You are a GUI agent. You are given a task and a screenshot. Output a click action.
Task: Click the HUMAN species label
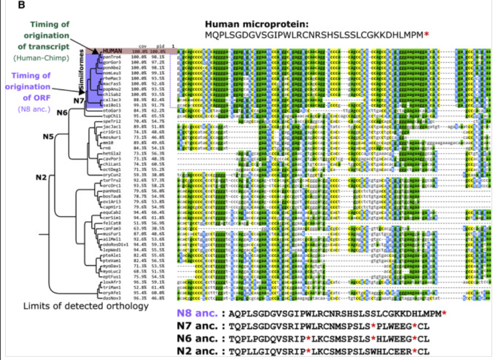[x=113, y=51]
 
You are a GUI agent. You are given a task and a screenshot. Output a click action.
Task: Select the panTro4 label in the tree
[x=110, y=57]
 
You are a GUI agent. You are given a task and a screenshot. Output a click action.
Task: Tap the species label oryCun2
[x=110, y=175]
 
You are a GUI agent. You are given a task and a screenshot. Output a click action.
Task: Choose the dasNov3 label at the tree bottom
[x=110, y=298]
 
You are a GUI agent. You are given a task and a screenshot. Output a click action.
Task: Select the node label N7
[x=79, y=101]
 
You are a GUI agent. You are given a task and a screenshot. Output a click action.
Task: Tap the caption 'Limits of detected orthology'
[x=86, y=306]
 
